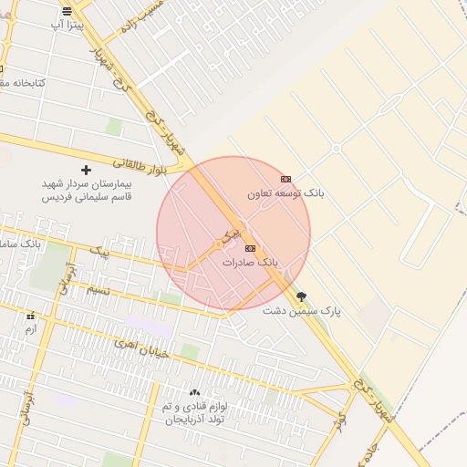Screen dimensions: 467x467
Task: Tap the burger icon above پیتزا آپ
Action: [67, 12]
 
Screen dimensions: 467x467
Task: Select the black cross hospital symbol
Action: [87, 170]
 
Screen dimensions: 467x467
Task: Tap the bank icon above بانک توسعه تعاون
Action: [286, 180]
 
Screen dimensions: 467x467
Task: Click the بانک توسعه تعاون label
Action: [285, 194]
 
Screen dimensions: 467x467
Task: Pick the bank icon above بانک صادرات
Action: [250, 247]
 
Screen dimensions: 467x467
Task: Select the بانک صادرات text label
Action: [250, 262]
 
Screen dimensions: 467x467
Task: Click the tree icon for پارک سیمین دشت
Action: [302, 296]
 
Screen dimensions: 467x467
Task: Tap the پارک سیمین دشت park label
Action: [302, 311]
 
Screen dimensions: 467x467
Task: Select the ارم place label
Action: [31, 328]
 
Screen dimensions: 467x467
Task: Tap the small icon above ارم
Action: [31, 315]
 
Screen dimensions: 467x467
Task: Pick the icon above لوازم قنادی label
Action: [194, 391]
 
